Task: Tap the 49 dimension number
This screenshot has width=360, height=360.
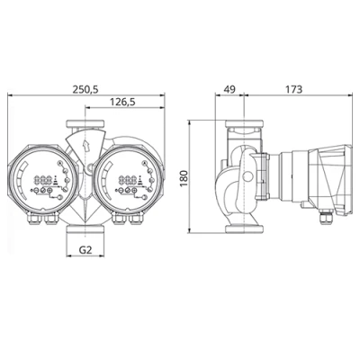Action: (229, 90)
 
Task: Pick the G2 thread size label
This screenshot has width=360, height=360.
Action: (86, 249)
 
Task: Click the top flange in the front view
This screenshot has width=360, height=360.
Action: (86, 122)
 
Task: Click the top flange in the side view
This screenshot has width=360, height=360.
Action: (241, 123)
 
